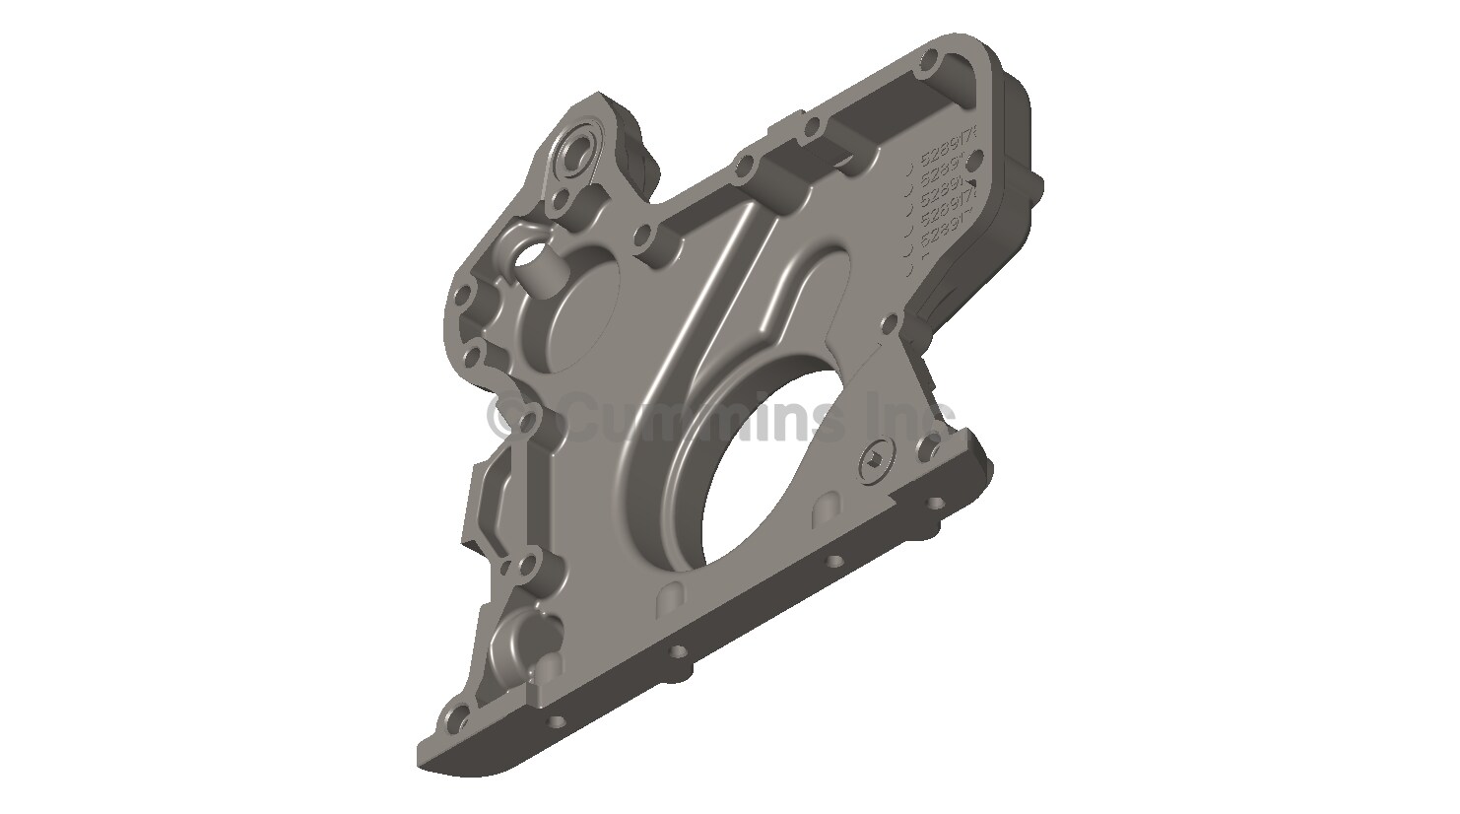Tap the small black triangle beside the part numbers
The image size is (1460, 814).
click(969, 182)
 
